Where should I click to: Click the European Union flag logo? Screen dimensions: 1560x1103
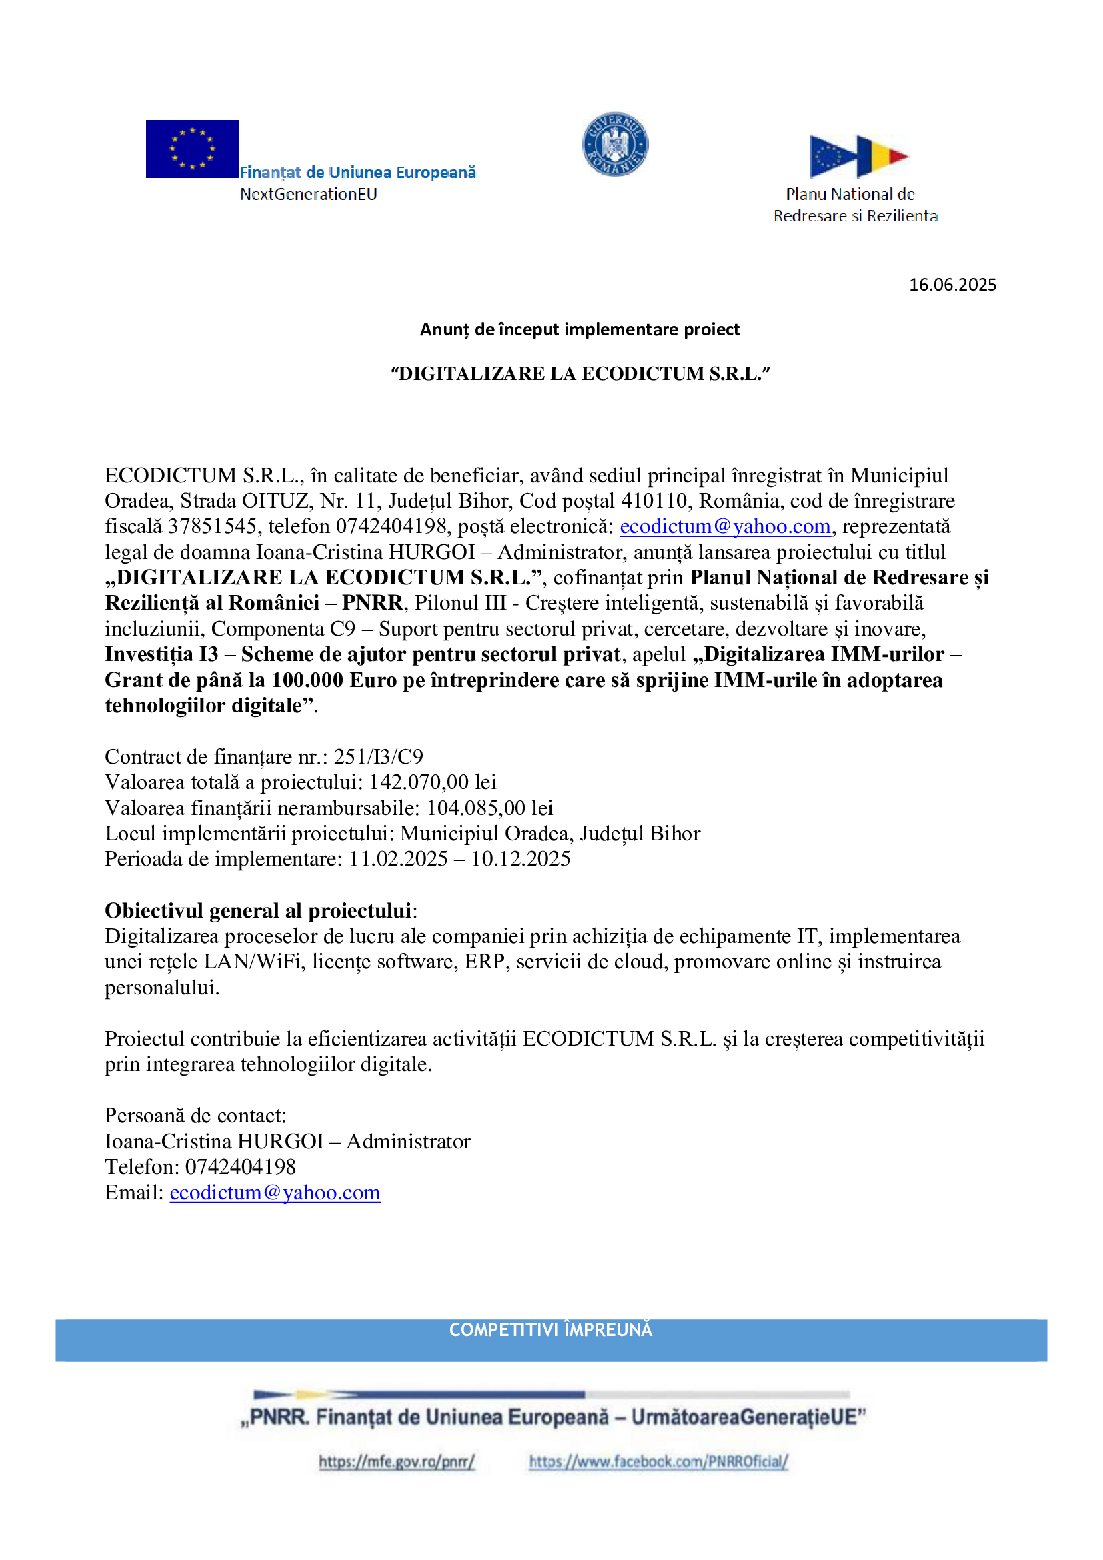(192, 149)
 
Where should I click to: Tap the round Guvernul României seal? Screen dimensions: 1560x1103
(615, 144)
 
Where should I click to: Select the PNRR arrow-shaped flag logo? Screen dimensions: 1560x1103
(858, 155)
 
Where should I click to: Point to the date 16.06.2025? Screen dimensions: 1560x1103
(952, 285)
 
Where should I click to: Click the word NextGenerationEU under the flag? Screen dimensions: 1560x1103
(308, 194)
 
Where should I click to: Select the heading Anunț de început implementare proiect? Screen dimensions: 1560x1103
(580, 329)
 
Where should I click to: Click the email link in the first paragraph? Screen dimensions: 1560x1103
(725, 526)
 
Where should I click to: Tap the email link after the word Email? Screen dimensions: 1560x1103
(275, 1192)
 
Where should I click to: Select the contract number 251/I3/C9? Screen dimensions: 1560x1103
(378, 756)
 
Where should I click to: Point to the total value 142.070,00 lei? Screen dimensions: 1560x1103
(433, 782)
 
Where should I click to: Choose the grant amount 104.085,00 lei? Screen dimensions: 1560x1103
(489, 808)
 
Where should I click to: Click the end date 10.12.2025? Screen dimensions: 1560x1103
(521, 859)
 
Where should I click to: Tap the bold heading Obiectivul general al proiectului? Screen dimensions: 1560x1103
(258, 910)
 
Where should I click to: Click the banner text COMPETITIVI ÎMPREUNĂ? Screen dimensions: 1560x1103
(551, 1330)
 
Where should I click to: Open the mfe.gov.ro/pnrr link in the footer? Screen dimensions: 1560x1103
(397, 1461)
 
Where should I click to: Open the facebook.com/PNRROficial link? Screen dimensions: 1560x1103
(658, 1461)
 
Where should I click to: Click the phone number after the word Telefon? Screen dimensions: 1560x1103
(241, 1166)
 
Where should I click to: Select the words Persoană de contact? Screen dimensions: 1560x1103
(195, 1116)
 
